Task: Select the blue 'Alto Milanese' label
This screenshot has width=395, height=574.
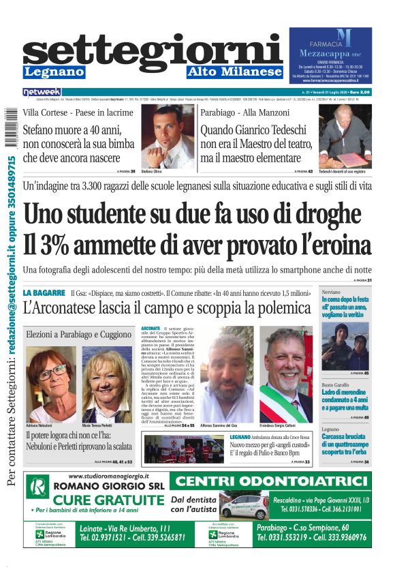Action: (x=234, y=72)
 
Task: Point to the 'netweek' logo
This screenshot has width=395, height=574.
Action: (x=42, y=91)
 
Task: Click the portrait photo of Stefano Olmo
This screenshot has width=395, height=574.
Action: (x=168, y=136)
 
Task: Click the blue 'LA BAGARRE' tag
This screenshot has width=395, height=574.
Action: (x=44, y=293)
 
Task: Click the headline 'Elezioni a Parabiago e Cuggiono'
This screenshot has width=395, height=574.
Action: (x=78, y=335)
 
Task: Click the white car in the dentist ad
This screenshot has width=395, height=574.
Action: (x=244, y=508)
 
